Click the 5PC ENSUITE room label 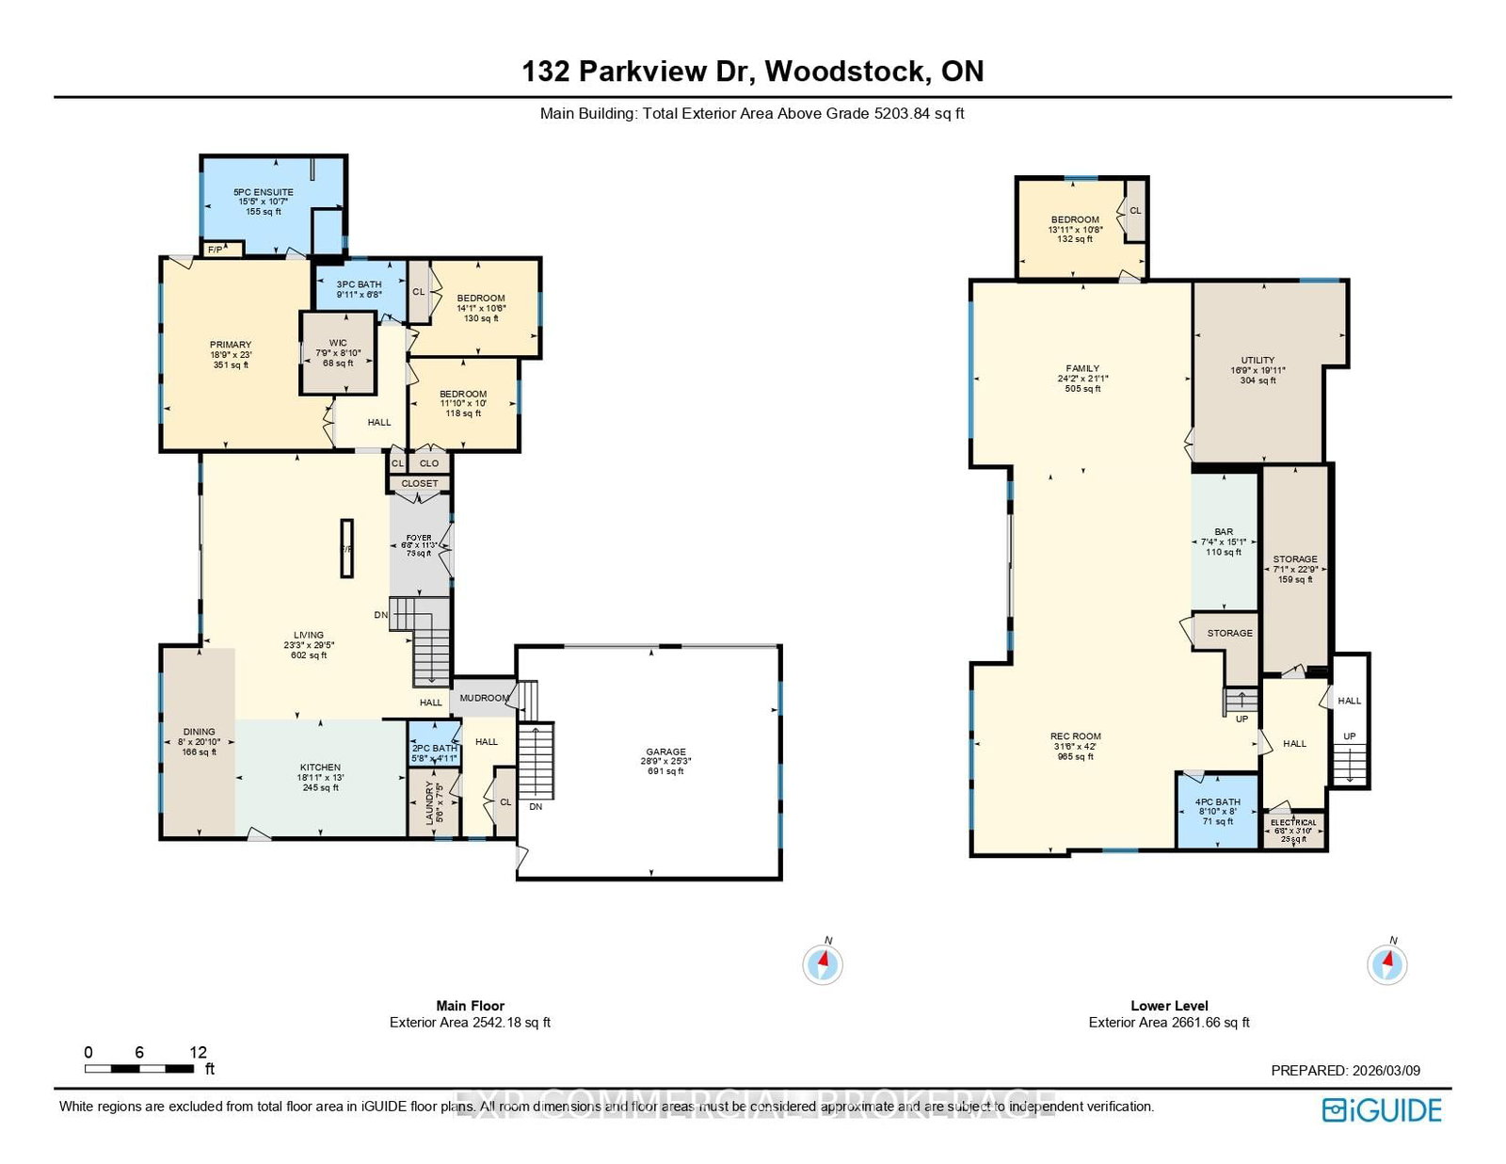264,192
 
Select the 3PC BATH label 360,284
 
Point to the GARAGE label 665,752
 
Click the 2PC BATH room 434,747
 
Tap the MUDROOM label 484,698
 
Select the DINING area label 199,732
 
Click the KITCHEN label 320,768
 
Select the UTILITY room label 1258,360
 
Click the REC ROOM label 1076,736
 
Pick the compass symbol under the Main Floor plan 823,963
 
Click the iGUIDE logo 1381,1110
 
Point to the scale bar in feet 139,1068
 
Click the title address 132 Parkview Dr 752,72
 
